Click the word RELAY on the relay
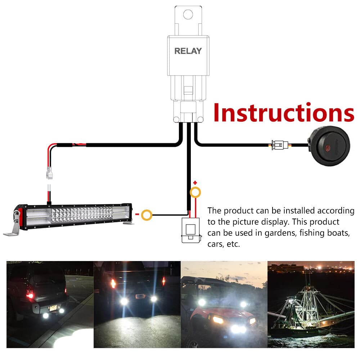188,51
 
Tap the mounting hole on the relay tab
188,14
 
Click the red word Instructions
284,113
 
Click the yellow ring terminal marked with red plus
195,193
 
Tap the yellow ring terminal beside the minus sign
147,216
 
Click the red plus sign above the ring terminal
195,183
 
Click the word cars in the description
216,244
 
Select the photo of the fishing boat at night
311,304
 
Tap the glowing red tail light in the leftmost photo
30,295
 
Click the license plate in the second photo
139,296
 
